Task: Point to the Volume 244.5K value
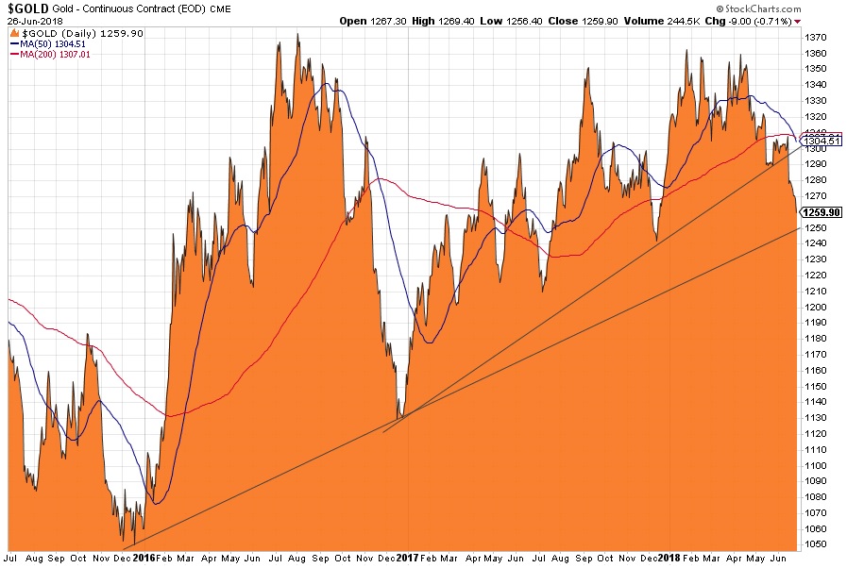688,20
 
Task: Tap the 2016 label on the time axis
144,559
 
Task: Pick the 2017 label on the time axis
406,559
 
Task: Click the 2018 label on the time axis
669,559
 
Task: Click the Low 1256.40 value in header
534,20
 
